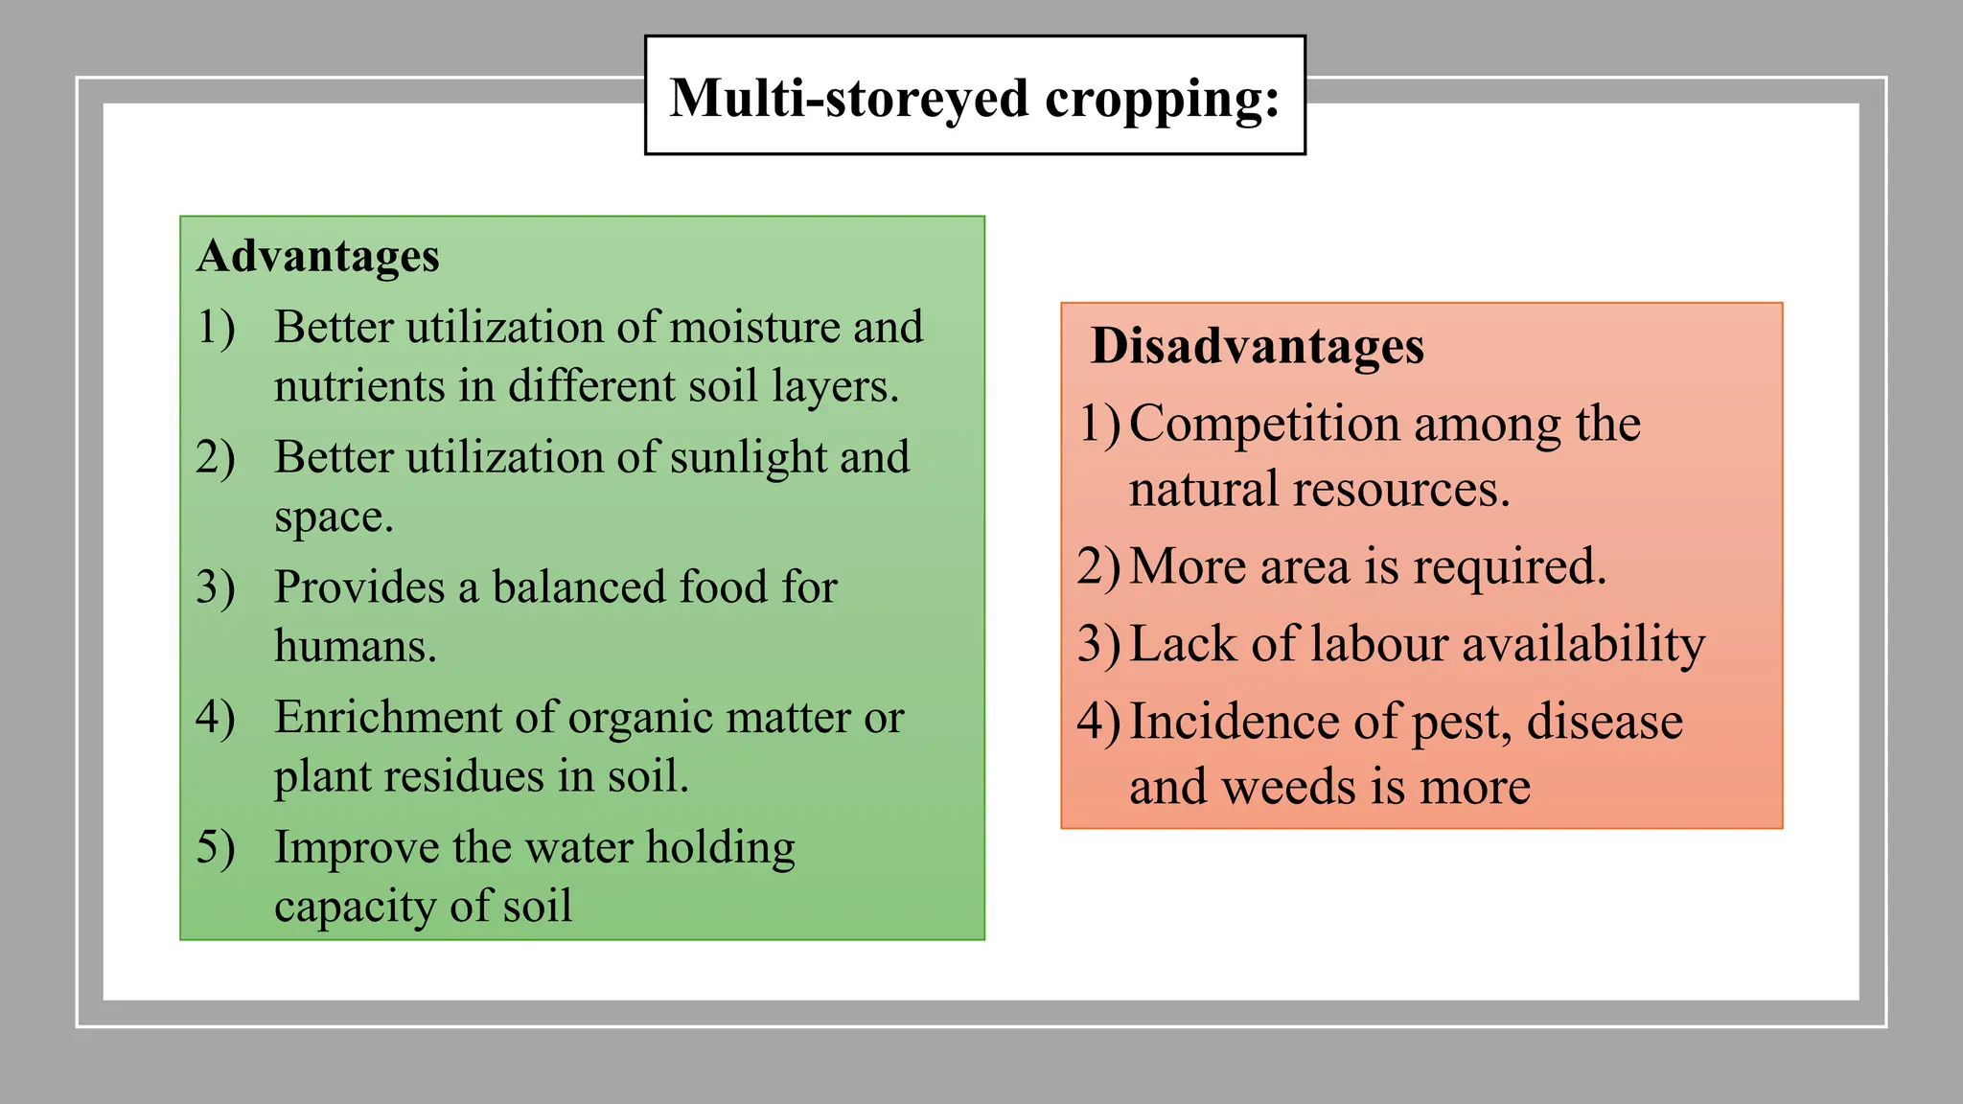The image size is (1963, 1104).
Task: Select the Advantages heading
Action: coord(318,256)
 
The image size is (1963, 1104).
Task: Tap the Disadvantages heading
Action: coord(1257,346)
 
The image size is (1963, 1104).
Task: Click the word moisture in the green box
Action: coord(753,327)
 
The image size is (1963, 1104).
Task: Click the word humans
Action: coord(355,646)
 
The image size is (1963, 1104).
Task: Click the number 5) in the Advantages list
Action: coord(216,848)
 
